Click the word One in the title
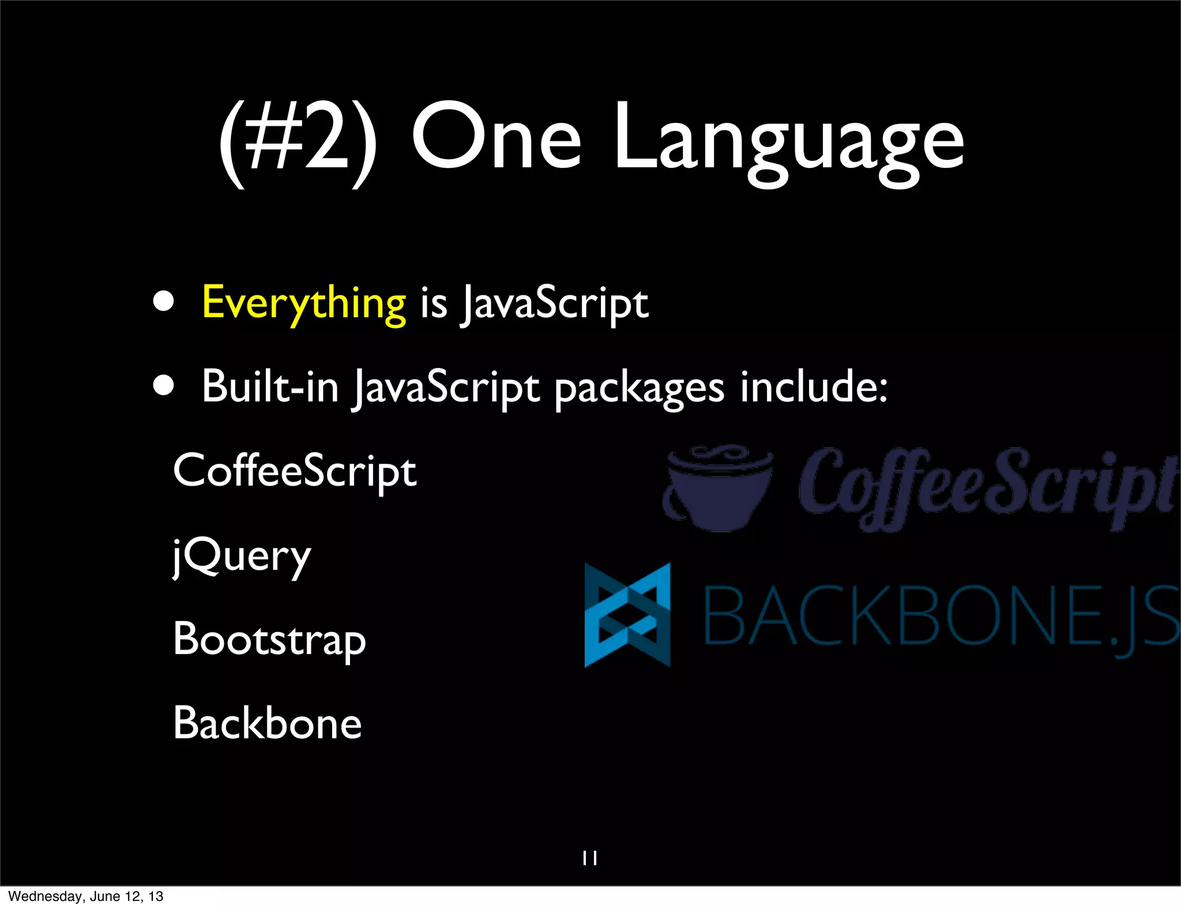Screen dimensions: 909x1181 [496, 138]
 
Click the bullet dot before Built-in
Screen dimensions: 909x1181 [164, 386]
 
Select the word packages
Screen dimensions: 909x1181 [639, 388]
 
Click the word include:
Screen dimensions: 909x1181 [814, 386]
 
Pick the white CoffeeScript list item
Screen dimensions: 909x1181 [294, 471]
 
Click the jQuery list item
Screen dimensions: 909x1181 [242, 556]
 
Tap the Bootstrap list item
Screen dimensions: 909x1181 [269, 640]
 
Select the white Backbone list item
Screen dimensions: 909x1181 [267, 723]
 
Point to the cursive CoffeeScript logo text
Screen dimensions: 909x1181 [986, 488]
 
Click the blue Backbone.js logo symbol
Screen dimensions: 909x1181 [627, 615]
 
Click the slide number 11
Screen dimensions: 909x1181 [590, 858]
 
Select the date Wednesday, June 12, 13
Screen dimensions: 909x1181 [86, 896]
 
